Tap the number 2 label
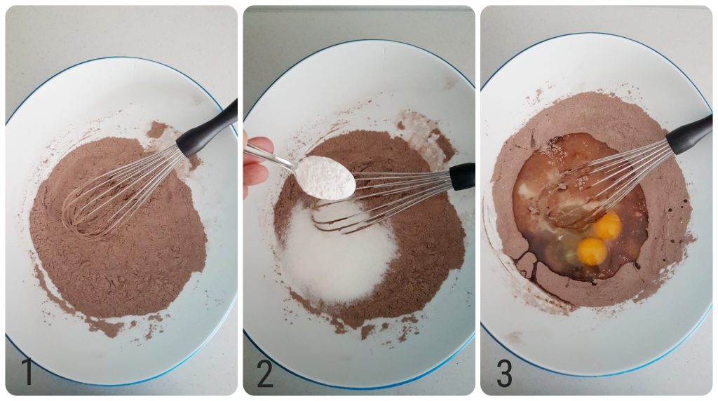pyautogui.click(x=264, y=372)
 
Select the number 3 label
pyautogui.click(x=504, y=372)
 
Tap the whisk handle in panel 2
pyautogui.click(x=461, y=176)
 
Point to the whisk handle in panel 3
pyautogui.click(x=689, y=134)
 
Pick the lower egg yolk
pyautogui.click(x=592, y=250)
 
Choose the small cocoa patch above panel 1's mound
pyautogui.click(x=157, y=130)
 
